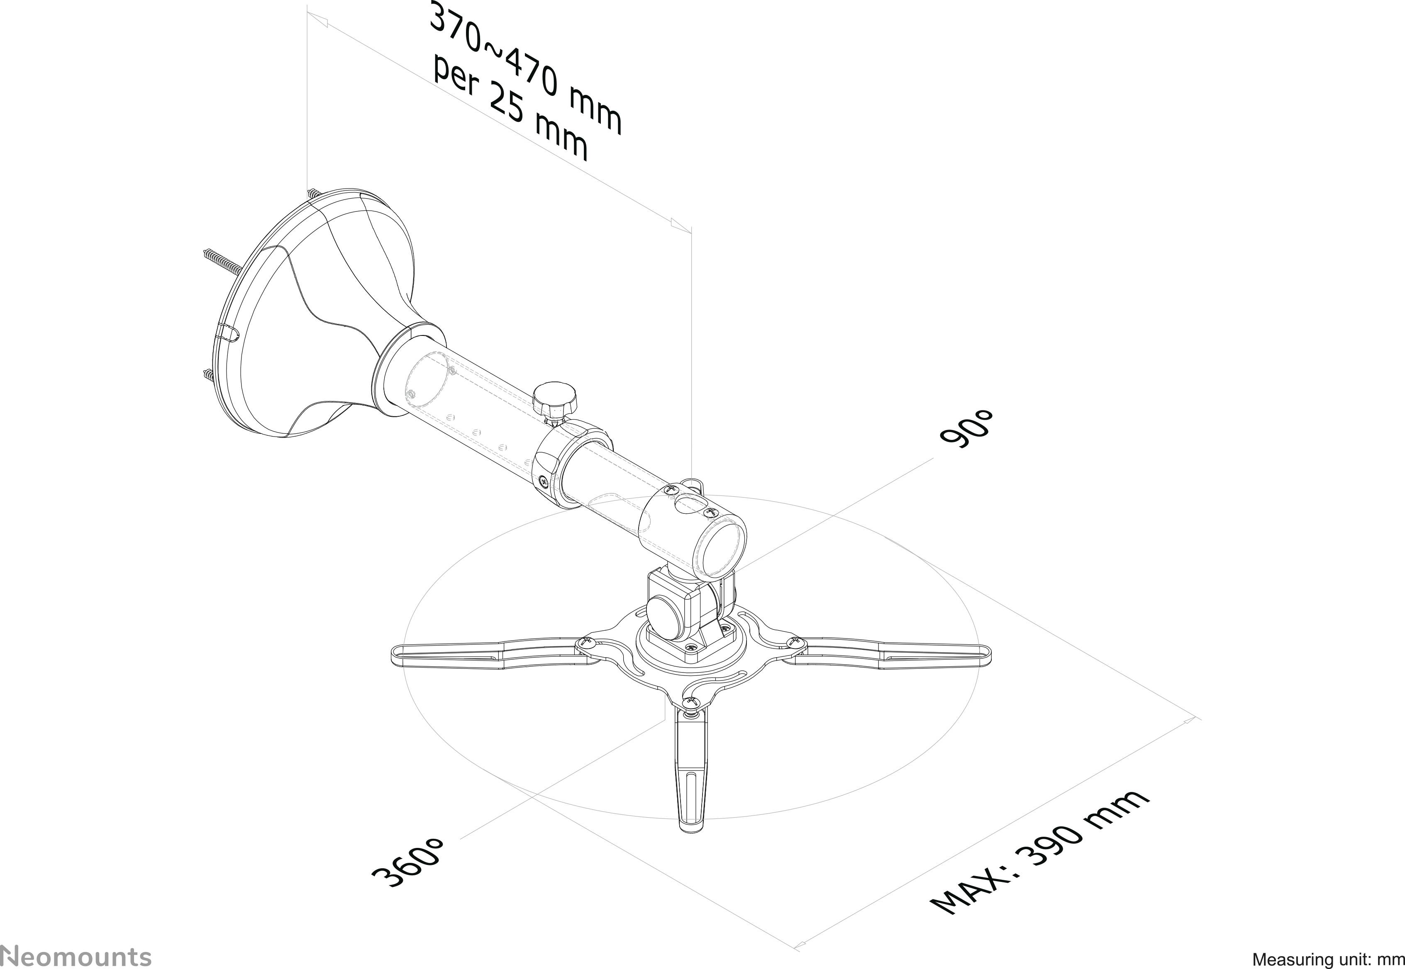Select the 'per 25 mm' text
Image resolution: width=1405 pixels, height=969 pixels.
(x=510, y=110)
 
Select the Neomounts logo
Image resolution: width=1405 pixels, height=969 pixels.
(x=76, y=955)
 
